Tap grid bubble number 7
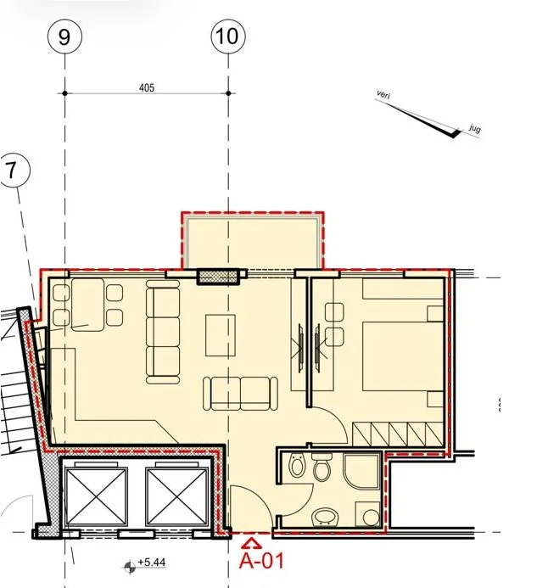point(12,171)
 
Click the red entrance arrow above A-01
point(251,540)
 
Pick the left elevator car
point(97,496)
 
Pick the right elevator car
point(176,496)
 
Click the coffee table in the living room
point(221,335)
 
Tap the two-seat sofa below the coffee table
point(241,392)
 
